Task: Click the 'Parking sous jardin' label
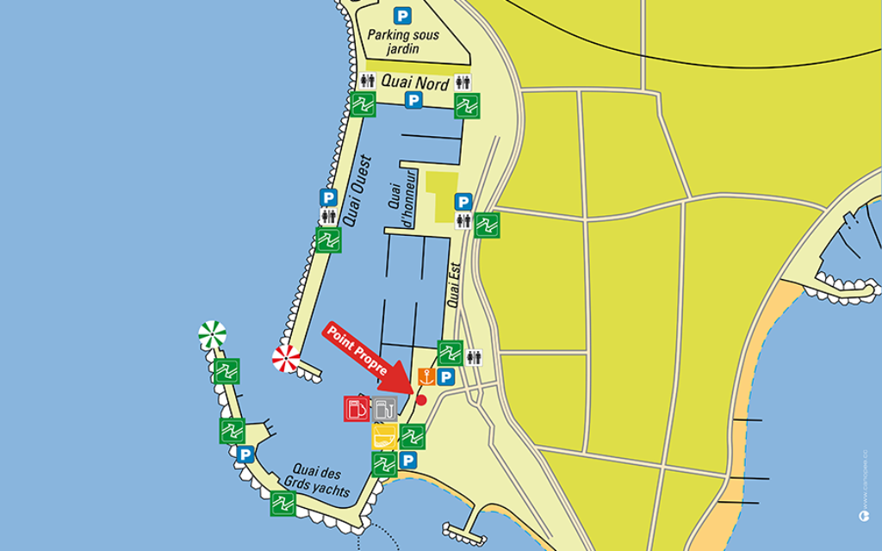click(403, 41)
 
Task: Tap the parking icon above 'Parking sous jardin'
click(401, 15)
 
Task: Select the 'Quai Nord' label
click(416, 84)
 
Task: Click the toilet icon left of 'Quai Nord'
click(368, 81)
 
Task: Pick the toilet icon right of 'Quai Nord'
click(463, 83)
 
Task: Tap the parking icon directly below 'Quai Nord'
click(413, 101)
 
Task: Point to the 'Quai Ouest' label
click(355, 190)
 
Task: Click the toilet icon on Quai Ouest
click(328, 216)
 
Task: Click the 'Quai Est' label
click(454, 285)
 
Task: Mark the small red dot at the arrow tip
click(421, 399)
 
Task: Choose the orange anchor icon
click(425, 376)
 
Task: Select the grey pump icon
click(385, 408)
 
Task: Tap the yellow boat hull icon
click(384, 436)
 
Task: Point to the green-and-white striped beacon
click(212, 333)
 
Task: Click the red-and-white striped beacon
click(286, 358)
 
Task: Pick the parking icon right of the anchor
click(446, 377)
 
